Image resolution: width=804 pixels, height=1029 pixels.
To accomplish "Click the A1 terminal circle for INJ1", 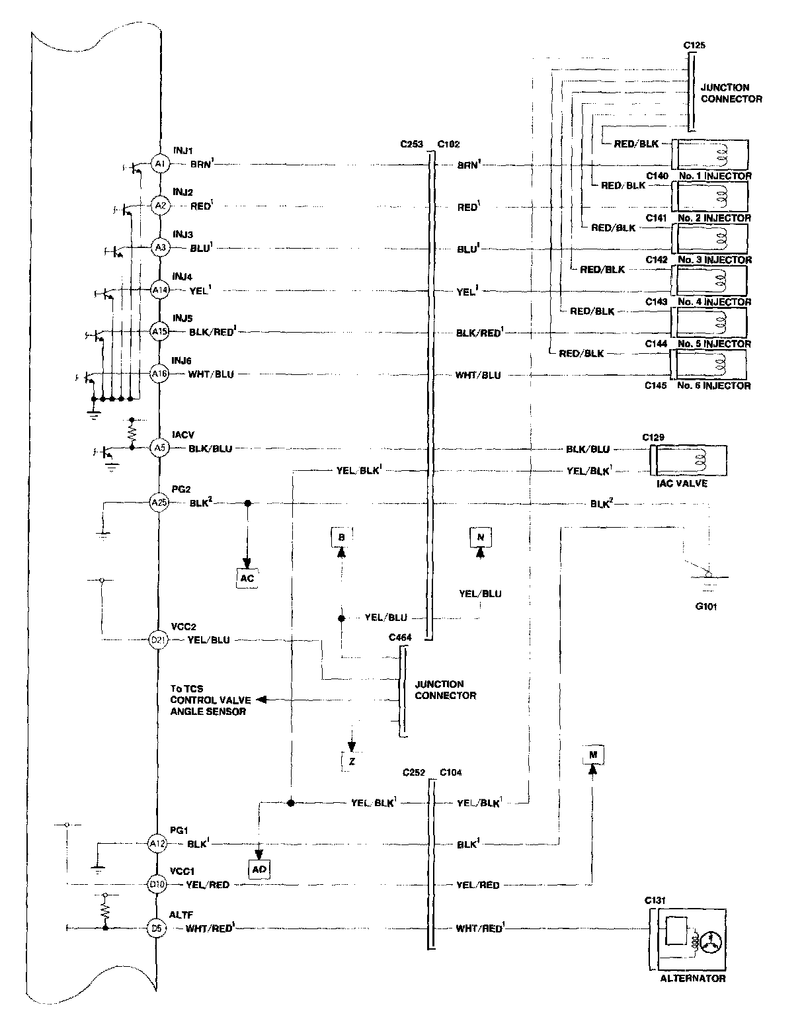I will tap(159, 163).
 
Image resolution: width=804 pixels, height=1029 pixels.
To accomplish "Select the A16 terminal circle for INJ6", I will tap(159, 374).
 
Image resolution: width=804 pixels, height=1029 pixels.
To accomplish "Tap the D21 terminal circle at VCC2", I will tap(159, 640).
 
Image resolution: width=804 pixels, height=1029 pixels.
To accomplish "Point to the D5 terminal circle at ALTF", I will tap(157, 928).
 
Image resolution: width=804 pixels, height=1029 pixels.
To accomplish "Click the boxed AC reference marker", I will tap(247, 578).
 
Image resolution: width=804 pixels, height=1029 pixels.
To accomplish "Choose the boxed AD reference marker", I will tap(259, 869).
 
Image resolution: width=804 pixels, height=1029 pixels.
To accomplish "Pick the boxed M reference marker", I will tap(593, 755).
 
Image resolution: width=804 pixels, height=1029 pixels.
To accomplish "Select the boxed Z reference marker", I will tap(352, 761).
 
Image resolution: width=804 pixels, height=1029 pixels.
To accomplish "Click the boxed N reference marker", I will tap(481, 537).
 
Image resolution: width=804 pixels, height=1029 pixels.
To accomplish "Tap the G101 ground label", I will tap(705, 606).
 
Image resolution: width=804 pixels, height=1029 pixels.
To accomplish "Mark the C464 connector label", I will tap(400, 637).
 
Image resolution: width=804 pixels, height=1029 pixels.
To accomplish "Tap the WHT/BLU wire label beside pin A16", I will tap(211, 374).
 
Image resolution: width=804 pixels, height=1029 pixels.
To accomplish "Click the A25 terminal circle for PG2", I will tap(159, 503).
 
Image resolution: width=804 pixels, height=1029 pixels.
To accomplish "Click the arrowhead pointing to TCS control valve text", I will tap(262, 700).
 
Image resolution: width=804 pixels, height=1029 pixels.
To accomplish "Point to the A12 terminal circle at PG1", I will tap(157, 844).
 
